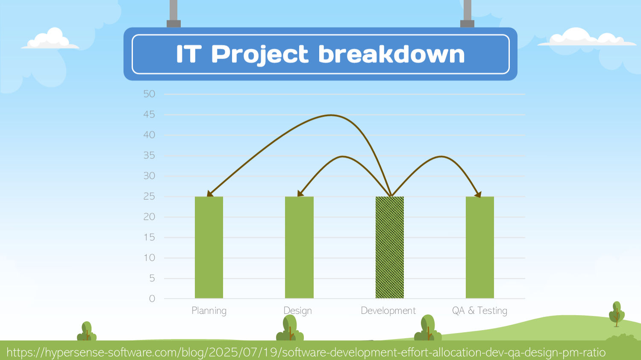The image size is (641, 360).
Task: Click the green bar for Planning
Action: (x=209, y=248)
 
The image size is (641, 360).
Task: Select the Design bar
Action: (x=299, y=248)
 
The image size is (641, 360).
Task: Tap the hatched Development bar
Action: (x=389, y=248)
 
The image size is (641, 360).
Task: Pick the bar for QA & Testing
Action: (x=479, y=248)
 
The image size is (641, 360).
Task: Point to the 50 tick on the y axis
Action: (x=149, y=94)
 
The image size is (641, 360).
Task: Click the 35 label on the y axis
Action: (x=149, y=155)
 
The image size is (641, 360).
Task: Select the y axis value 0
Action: (x=152, y=299)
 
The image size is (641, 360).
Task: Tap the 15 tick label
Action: (x=149, y=237)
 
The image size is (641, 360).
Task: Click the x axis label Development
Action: (x=388, y=311)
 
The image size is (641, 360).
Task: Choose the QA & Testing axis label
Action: (x=479, y=311)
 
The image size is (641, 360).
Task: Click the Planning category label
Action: (x=209, y=311)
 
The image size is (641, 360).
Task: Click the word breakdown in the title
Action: (x=391, y=54)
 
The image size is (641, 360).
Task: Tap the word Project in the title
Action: (x=259, y=55)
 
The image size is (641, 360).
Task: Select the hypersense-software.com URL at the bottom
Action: (x=306, y=353)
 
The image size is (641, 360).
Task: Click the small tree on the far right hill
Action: (x=616, y=314)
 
